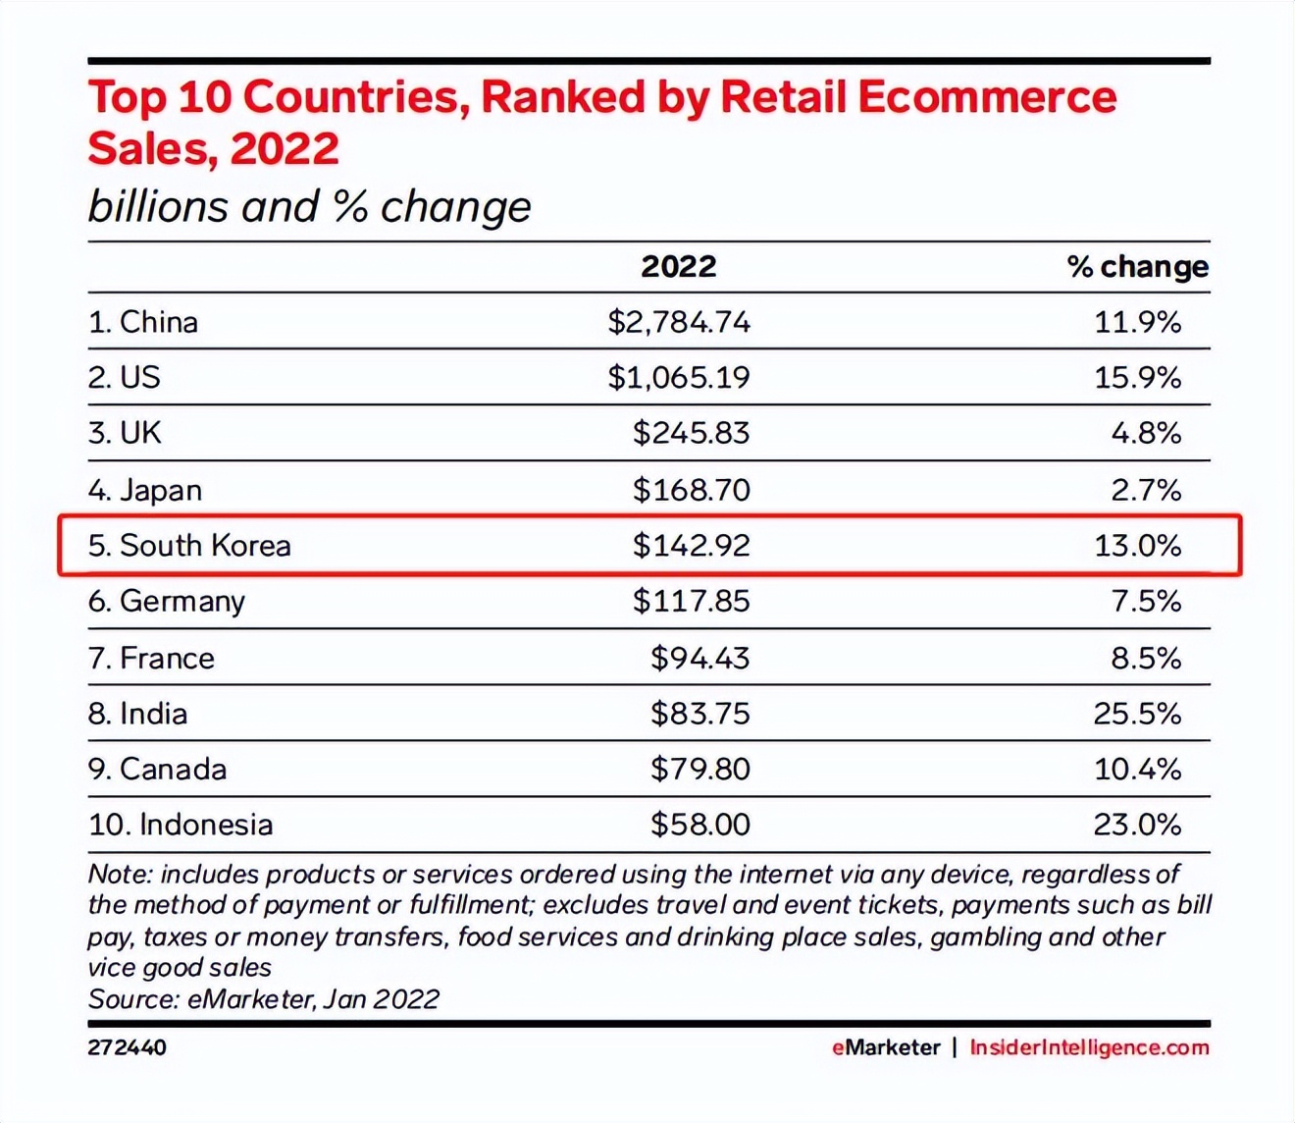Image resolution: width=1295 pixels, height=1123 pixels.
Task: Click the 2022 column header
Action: (x=678, y=266)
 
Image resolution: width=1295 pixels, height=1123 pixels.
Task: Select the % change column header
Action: (x=1137, y=266)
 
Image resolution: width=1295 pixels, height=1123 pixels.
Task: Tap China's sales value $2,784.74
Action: (x=679, y=322)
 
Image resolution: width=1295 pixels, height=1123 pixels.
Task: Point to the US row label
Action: (x=125, y=378)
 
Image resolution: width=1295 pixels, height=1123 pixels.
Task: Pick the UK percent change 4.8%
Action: (x=1146, y=433)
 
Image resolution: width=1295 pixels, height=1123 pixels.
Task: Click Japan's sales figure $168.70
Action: (x=691, y=489)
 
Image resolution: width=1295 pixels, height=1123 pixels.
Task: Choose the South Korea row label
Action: (x=189, y=546)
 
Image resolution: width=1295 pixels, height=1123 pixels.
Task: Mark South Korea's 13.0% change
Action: (x=1137, y=546)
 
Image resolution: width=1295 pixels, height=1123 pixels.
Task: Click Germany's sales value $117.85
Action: (x=691, y=601)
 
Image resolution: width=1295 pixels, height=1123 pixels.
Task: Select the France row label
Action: (x=151, y=658)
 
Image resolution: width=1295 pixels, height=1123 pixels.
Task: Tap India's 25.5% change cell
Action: (x=1137, y=714)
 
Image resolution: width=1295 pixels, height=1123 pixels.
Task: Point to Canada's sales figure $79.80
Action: (x=699, y=769)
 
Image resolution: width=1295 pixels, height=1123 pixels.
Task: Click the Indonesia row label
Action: (x=181, y=825)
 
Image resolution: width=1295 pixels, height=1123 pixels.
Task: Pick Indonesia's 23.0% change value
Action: (x=1137, y=825)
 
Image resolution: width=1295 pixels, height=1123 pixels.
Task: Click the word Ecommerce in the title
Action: (x=987, y=97)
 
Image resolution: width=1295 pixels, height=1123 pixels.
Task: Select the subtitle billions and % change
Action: (x=309, y=207)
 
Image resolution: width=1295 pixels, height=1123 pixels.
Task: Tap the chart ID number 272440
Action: (x=127, y=1047)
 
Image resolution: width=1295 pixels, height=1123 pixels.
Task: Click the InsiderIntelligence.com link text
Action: (x=1089, y=1047)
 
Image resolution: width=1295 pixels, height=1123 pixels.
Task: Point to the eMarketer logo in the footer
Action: (x=886, y=1047)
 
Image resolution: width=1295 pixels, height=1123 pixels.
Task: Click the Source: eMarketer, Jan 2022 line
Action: (x=263, y=999)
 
